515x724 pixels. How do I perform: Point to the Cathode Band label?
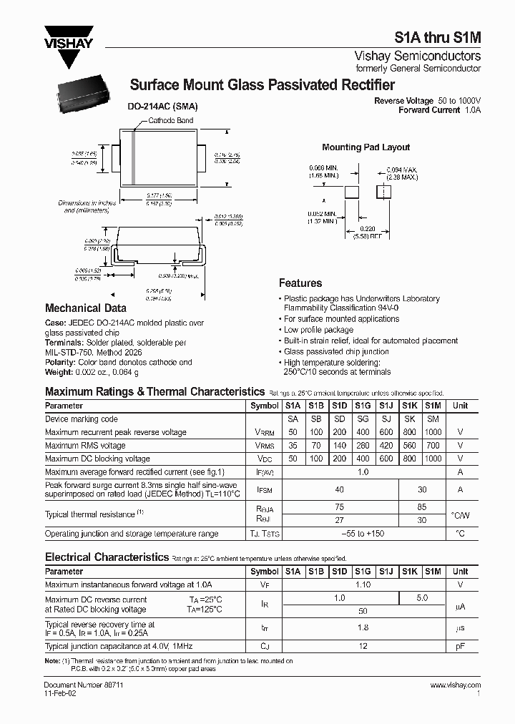point(170,121)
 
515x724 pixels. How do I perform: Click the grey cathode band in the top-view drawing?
point(133,157)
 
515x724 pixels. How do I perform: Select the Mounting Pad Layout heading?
point(366,147)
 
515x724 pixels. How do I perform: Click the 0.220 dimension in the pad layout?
point(365,228)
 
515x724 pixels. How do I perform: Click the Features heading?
point(300,283)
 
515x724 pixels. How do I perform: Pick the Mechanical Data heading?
point(85,308)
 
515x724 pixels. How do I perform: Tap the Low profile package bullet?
point(318,330)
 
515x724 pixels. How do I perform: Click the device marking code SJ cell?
point(386,419)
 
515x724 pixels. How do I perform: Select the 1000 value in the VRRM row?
point(433,432)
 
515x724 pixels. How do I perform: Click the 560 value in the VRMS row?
point(409,446)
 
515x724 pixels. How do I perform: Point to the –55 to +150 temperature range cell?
point(363,534)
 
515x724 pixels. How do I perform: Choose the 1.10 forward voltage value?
point(363,584)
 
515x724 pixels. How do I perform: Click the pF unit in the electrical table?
point(460,646)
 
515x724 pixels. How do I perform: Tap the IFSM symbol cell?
point(265,489)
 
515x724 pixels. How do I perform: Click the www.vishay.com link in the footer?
point(456,685)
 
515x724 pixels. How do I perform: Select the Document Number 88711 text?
point(76,685)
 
